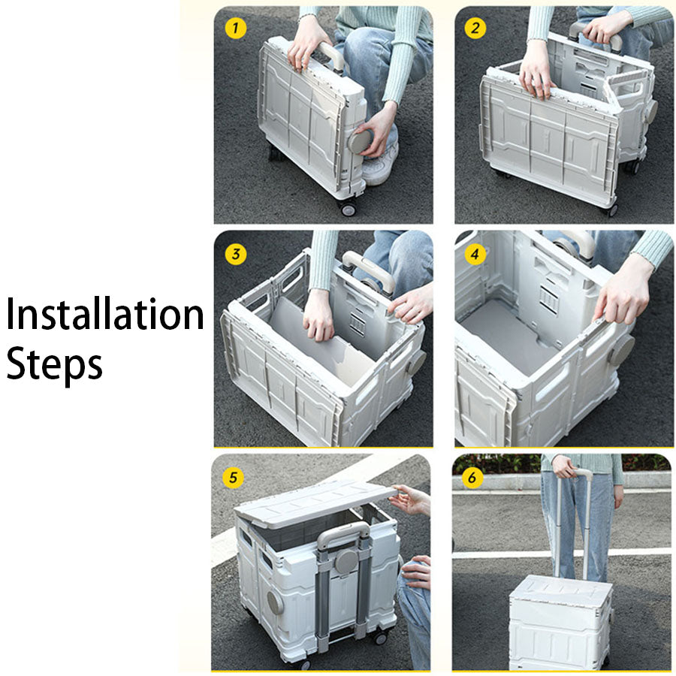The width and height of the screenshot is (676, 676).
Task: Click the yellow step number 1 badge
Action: [x=236, y=29]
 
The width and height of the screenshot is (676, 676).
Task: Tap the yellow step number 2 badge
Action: [x=475, y=29]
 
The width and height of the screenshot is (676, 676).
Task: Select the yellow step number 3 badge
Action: [x=236, y=254]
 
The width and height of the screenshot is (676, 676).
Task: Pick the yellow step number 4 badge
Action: [x=475, y=254]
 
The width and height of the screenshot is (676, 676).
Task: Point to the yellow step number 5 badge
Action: [x=234, y=478]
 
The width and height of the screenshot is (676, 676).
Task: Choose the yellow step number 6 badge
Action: [x=472, y=478]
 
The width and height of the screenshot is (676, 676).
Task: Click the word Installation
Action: [x=105, y=315]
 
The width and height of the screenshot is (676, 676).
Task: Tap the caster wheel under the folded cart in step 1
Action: [x=348, y=208]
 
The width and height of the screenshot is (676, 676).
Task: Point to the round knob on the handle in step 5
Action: [x=346, y=562]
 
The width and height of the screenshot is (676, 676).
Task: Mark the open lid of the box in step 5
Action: [x=315, y=502]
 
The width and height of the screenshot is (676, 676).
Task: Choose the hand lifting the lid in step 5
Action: [x=412, y=499]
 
